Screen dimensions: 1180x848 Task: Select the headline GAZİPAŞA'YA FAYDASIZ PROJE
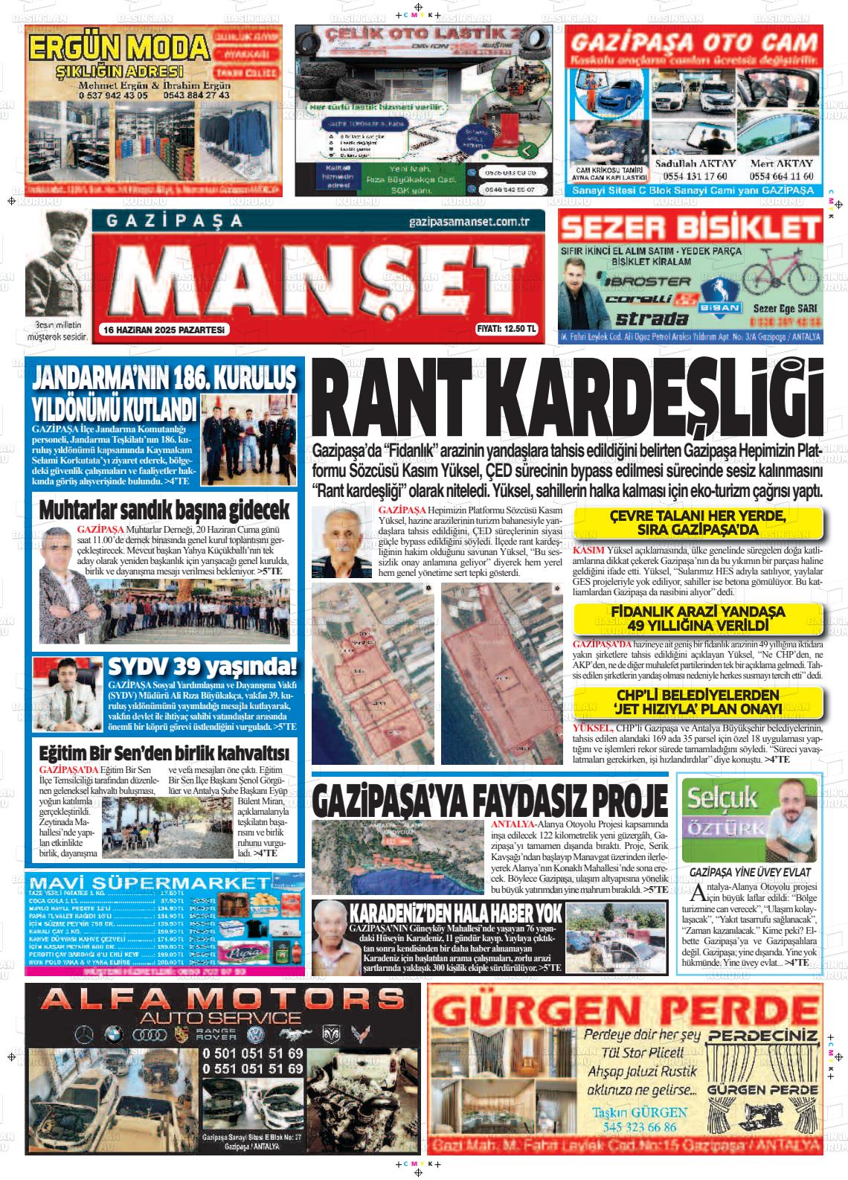tap(490, 800)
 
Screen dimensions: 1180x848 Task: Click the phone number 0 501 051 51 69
tap(253, 1054)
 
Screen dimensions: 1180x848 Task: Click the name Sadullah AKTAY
tap(695, 164)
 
